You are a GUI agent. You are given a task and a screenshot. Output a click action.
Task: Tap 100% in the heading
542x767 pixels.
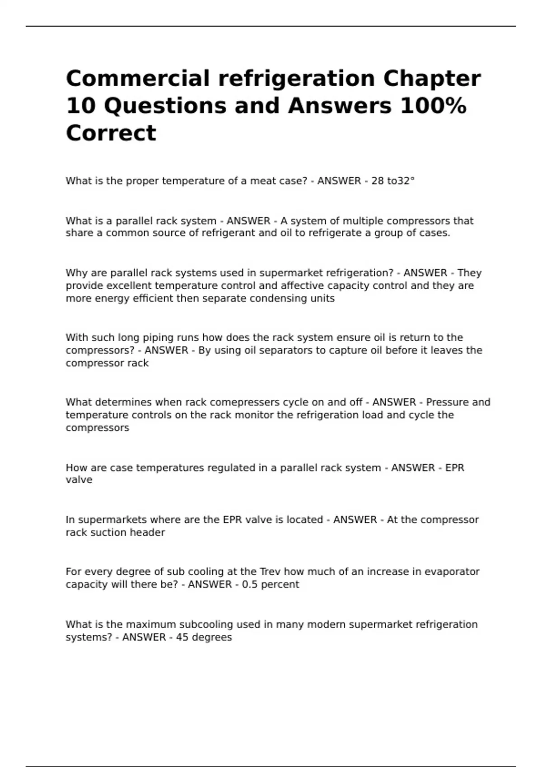(x=438, y=106)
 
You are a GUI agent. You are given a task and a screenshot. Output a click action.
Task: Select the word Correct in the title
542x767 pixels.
(x=111, y=133)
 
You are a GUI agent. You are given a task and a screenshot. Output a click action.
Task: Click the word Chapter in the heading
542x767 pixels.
(x=432, y=79)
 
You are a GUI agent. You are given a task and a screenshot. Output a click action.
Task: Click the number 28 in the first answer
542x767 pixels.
(x=377, y=181)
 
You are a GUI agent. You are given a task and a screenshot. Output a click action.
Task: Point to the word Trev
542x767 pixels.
(x=270, y=572)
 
